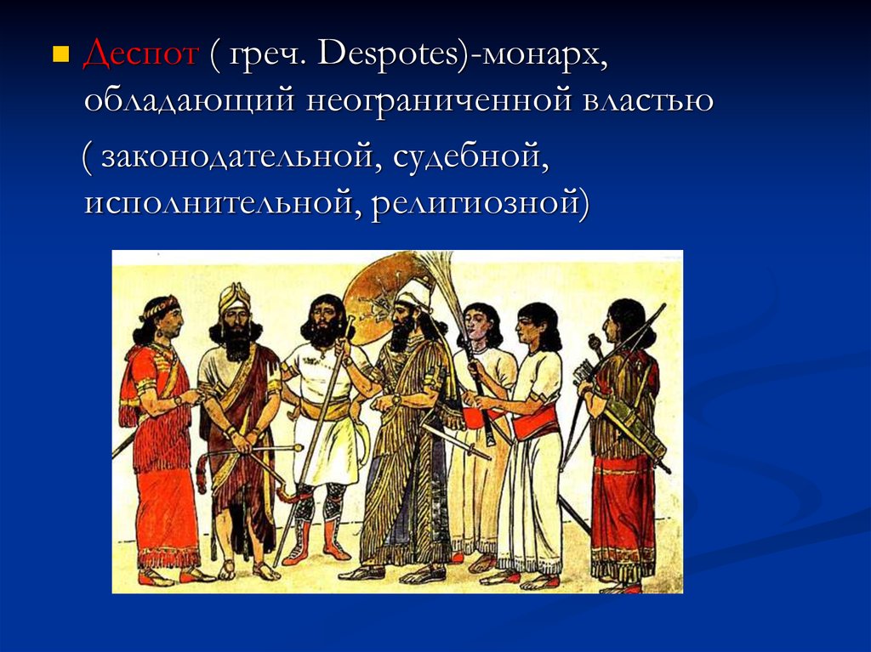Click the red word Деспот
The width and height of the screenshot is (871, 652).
coord(140,54)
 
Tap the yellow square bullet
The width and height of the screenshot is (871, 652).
coord(60,54)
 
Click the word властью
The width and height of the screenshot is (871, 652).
coord(647,100)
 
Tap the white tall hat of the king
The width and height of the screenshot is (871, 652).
coord(415,293)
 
